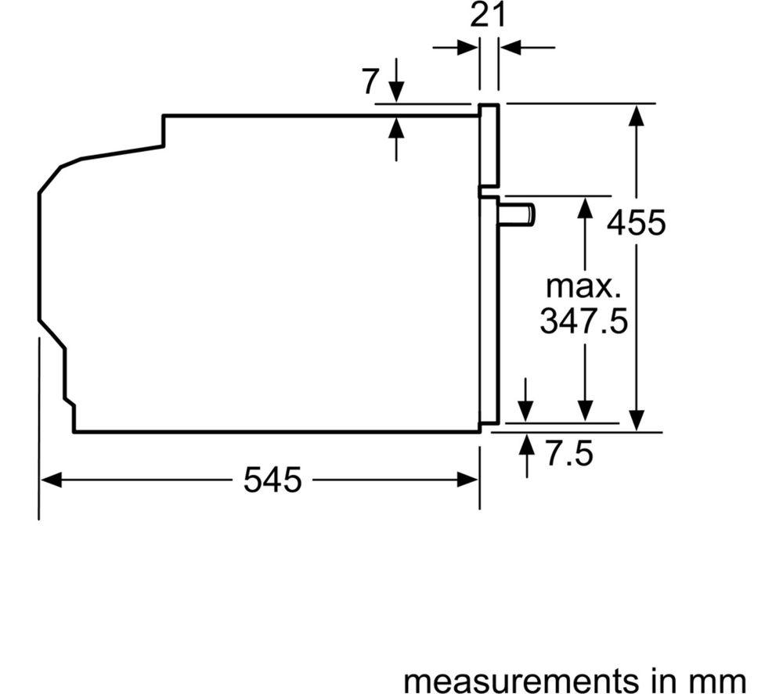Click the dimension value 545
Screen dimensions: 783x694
coord(272,480)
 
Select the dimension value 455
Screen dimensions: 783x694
coord(636,222)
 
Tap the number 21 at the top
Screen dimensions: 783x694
coord(488,16)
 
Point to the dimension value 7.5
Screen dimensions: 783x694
coord(569,454)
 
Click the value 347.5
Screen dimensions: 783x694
coord(584,320)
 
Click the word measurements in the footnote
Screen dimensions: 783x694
coord(518,681)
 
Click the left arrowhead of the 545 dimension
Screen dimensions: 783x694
coord(50,480)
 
